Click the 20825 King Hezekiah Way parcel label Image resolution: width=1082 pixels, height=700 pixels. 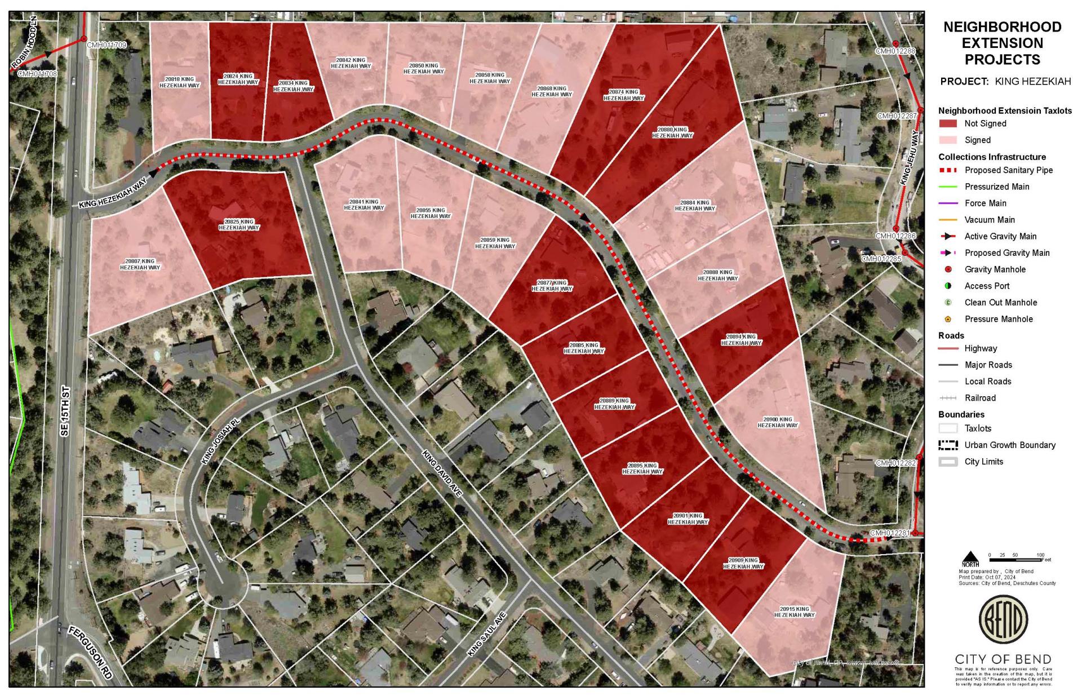239,225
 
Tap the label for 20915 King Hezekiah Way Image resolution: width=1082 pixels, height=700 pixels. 795,612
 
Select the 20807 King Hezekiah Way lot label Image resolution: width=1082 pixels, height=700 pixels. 140,264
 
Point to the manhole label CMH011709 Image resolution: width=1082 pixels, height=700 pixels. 107,45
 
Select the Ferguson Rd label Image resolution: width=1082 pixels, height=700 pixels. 91,652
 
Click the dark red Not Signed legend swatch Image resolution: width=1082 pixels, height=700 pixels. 948,123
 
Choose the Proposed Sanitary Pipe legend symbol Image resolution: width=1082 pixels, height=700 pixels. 948,170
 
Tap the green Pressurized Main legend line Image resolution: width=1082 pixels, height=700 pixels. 948,187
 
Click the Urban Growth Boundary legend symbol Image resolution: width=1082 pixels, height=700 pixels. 948,445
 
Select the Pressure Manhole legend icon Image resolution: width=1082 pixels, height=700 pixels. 948,319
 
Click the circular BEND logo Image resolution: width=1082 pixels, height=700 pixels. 1003,619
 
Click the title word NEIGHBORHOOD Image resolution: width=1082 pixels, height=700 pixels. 1003,27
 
